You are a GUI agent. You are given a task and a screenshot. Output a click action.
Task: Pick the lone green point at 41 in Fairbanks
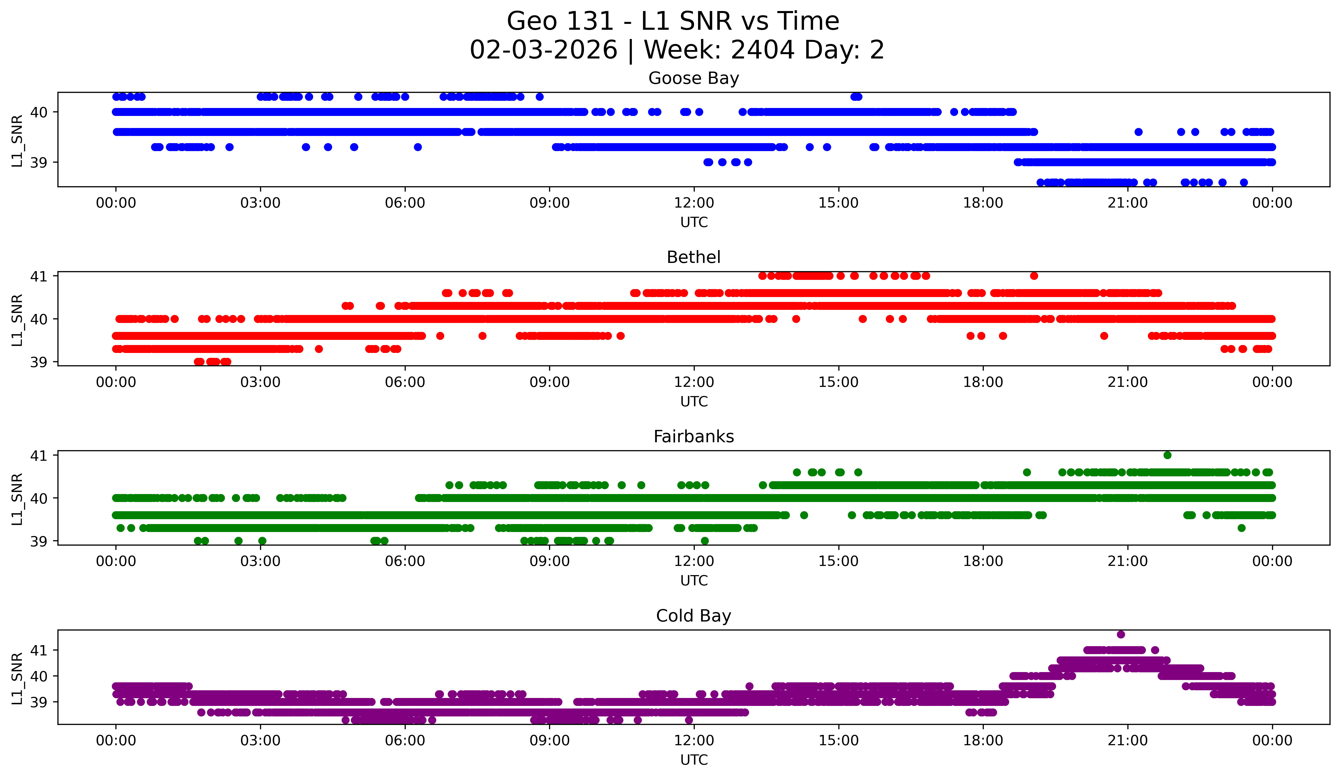(1167, 455)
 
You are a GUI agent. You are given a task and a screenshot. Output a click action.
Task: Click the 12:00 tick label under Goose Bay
(694, 203)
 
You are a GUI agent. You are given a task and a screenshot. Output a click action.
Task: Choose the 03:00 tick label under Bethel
(260, 382)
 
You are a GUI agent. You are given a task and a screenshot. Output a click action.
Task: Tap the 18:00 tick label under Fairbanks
(983, 562)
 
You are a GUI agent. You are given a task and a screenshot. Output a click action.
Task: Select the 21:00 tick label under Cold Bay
(1127, 741)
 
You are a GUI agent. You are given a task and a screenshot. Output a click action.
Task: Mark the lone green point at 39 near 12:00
(704, 541)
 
